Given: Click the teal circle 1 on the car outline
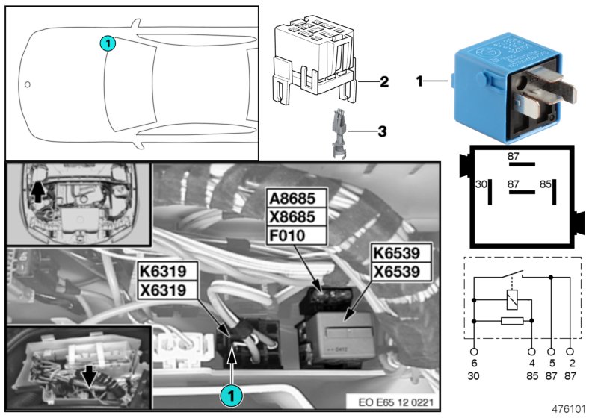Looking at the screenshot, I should pyautogui.click(x=108, y=44).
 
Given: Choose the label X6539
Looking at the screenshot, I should pyautogui.click(x=401, y=272).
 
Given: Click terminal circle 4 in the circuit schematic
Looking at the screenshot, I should pyautogui.click(x=531, y=349).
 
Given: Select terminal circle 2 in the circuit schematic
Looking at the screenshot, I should pyautogui.click(x=572, y=349).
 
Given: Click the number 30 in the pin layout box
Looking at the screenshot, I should pyautogui.click(x=482, y=182).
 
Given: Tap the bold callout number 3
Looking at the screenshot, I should pyautogui.click(x=381, y=131).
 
